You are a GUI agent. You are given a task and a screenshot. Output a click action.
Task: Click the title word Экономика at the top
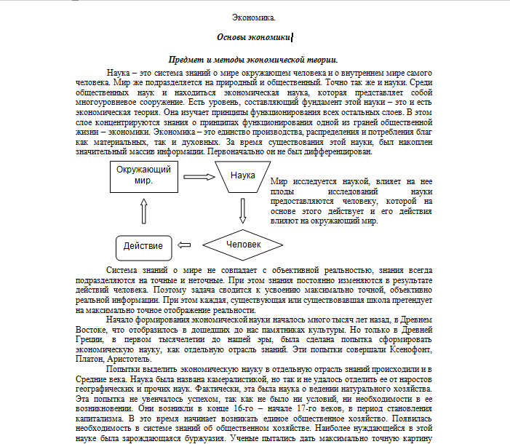254,17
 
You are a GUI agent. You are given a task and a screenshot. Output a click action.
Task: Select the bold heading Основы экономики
254,36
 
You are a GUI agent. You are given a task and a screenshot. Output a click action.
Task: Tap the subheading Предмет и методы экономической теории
253,60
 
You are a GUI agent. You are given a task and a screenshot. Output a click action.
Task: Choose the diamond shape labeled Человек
242,245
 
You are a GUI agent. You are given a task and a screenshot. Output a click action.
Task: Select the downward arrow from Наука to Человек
243,210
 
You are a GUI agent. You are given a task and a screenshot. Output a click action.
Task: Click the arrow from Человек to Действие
188,245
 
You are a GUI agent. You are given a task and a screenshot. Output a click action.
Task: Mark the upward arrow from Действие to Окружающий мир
143,212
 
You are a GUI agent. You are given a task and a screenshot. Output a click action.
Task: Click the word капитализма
102,419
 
